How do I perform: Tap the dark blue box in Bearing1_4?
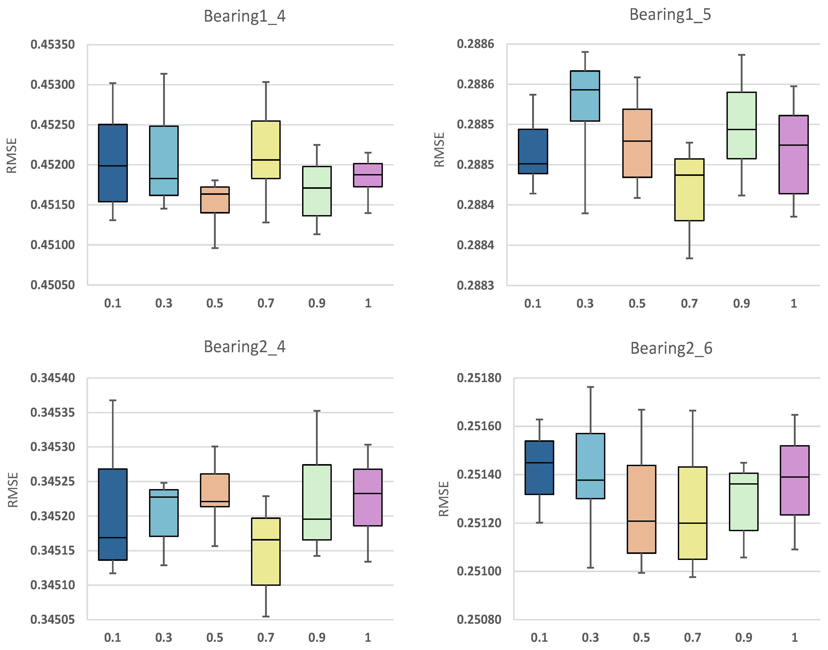[x=113, y=163]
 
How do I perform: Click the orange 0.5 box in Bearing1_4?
[x=215, y=200]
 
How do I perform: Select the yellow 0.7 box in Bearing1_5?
[x=689, y=189]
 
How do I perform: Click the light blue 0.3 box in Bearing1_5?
[x=585, y=96]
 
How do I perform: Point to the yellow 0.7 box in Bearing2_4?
[x=266, y=551]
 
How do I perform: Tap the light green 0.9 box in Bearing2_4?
[x=317, y=502]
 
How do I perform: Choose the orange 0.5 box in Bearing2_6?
[x=641, y=509]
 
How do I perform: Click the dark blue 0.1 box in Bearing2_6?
[x=539, y=468]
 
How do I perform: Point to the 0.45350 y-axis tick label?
[x=53, y=45]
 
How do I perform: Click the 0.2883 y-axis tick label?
[x=475, y=285]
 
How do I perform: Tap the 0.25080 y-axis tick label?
[x=479, y=619]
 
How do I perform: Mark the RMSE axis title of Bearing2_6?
[x=444, y=499]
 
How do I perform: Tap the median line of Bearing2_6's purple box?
[x=795, y=477]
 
